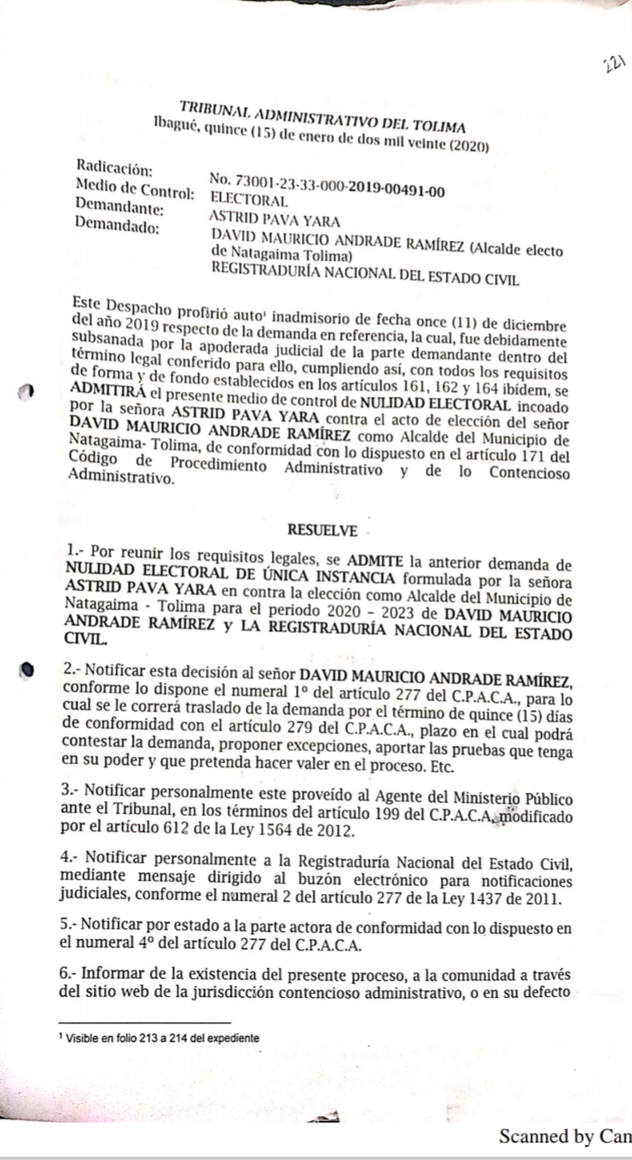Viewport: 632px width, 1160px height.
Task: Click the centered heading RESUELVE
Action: (x=322, y=530)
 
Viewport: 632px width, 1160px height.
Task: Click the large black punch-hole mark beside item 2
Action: (x=28, y=669)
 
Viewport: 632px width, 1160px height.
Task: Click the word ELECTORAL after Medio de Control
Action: (x=249, y=200)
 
